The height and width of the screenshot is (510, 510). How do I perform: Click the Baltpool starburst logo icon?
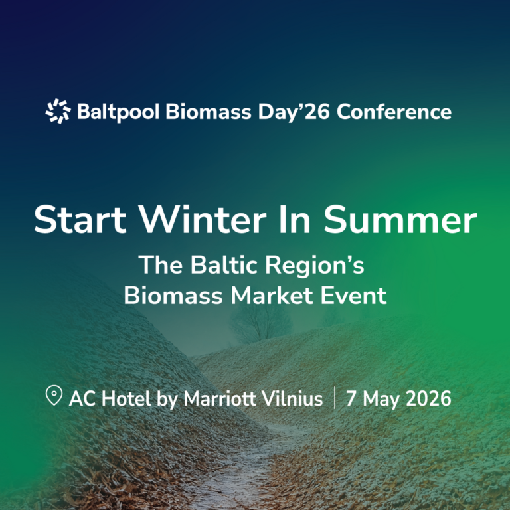coord(58,111)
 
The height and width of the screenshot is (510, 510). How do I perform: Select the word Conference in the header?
coord(394,111)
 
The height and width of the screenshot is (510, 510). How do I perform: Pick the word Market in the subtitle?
coord(274,295)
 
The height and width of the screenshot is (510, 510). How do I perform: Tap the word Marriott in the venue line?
coord(221,398)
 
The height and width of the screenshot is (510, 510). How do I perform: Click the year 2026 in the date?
coord(426,398)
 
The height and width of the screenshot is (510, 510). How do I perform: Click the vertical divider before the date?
coord(334,398)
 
